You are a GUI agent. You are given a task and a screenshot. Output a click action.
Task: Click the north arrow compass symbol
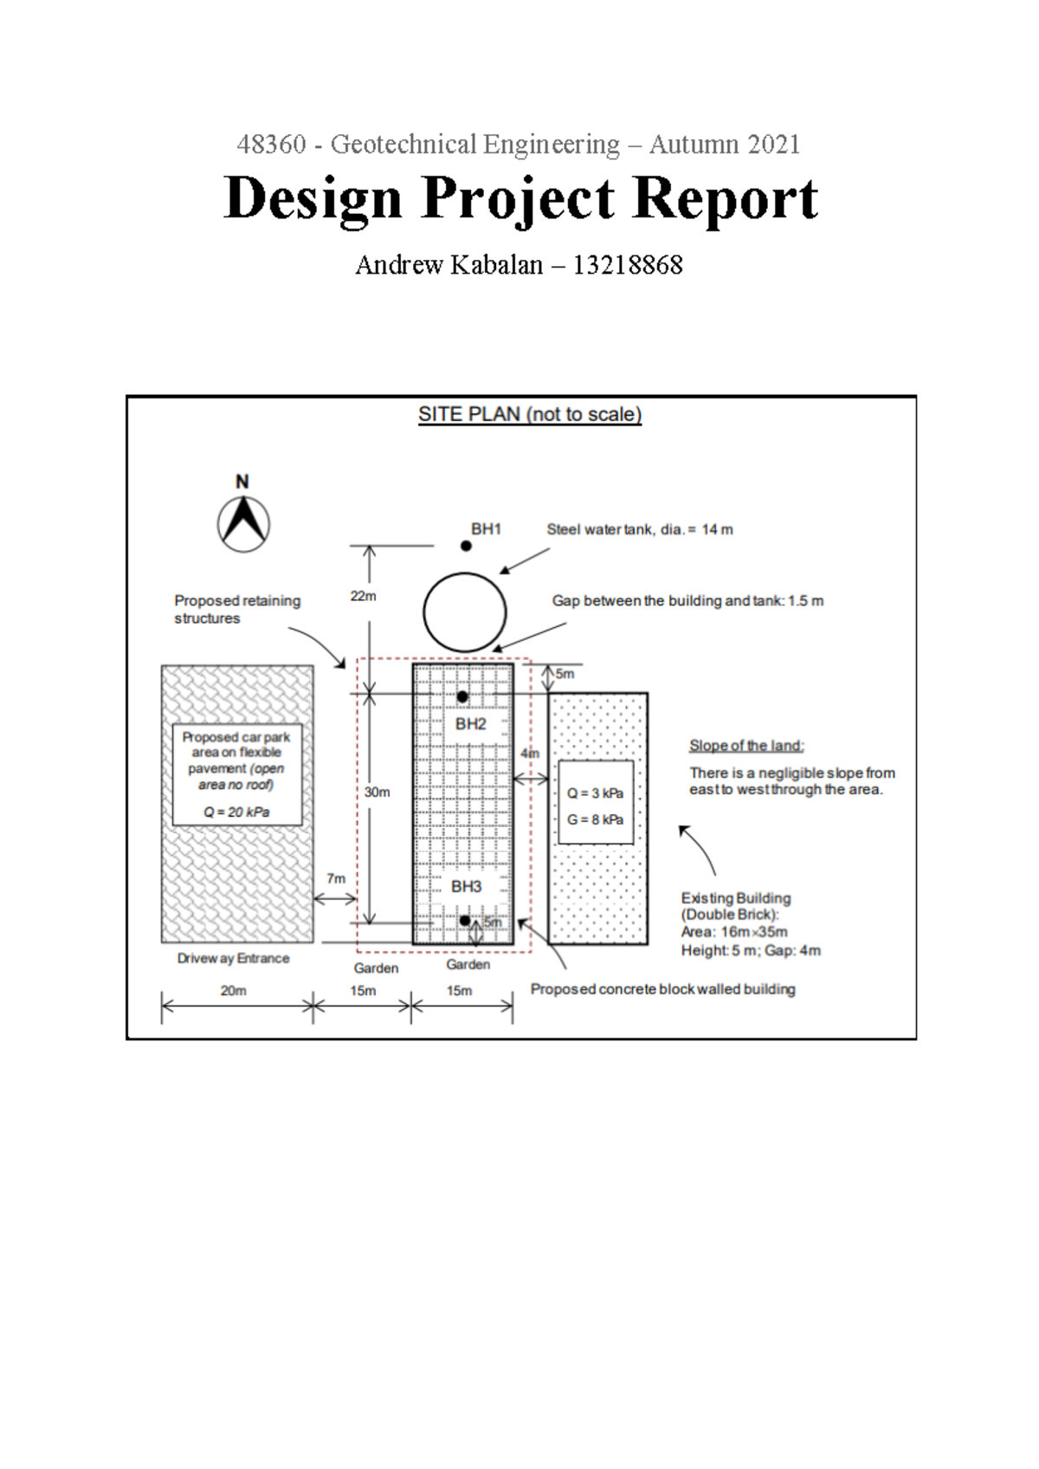243,522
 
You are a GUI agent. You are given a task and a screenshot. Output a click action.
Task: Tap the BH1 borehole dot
466,546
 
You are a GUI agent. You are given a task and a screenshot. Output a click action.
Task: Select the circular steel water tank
465,612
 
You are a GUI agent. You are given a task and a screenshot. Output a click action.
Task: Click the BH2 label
471,724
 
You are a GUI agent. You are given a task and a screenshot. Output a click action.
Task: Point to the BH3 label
466,886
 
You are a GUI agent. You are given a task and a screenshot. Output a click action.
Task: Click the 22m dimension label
363,596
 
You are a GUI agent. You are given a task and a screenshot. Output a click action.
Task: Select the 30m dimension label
377,792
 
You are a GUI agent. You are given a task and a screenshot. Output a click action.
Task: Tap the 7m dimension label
336,878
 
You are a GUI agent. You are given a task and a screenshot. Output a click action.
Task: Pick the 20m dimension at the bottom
233,990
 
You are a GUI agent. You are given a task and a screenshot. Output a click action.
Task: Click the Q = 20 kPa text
236,812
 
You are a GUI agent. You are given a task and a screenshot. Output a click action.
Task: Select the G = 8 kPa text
596,819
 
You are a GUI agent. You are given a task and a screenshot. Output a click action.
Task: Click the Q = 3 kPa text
596,793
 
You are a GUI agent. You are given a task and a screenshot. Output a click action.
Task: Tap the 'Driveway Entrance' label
233,958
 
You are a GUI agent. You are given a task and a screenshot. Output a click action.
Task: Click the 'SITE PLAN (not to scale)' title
530,414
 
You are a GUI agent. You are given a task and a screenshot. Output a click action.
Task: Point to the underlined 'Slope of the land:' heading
746,746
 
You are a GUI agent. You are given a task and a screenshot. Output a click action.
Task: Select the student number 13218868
628,265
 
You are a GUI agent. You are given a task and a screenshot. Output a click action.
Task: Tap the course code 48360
271,144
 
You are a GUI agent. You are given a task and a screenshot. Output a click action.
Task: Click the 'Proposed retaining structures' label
237,609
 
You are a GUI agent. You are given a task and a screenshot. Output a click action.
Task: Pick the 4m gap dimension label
530,754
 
